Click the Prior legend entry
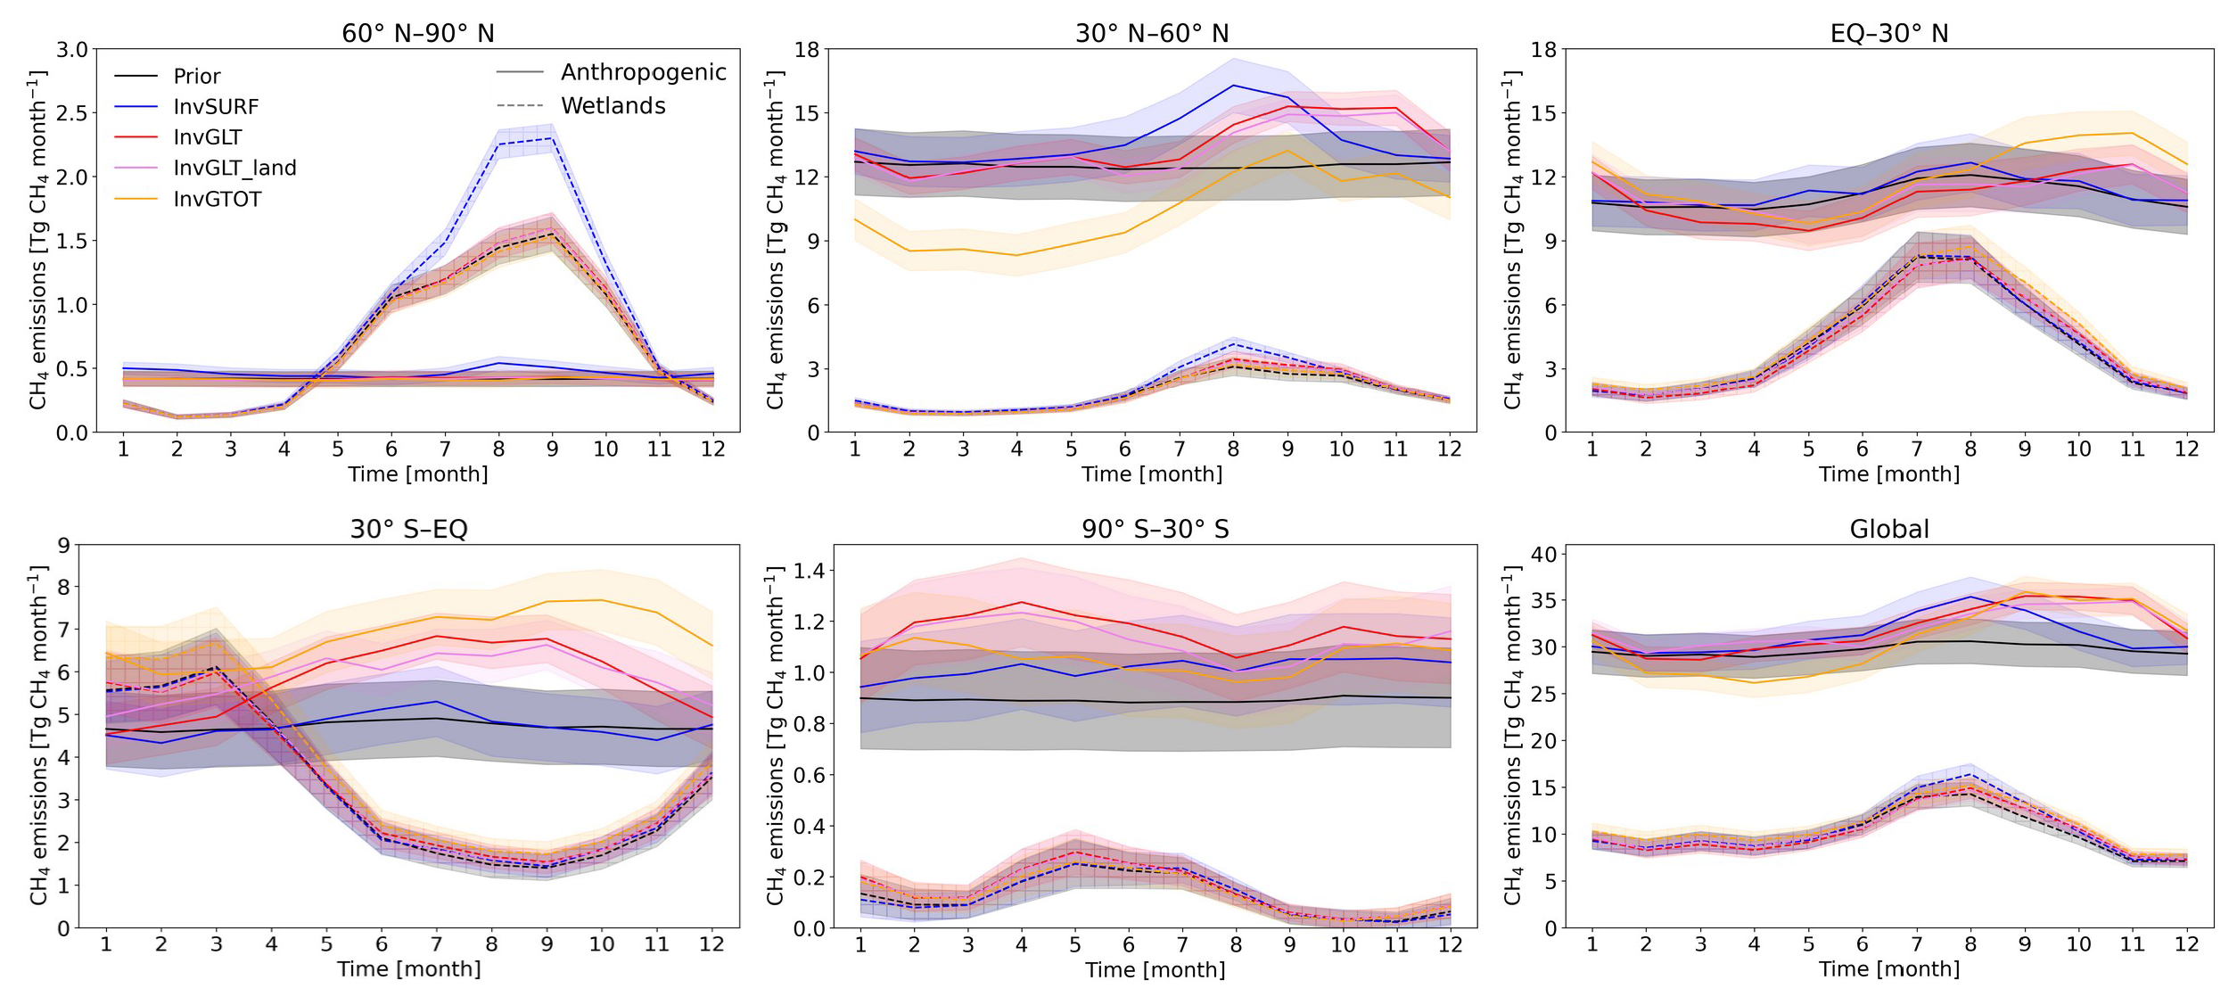[x=196, y=77]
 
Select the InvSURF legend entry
[x=216, y=107]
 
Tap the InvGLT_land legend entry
[x=234, y=169]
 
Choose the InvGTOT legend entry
[x=218, y=199]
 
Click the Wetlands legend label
[x=613, y=106]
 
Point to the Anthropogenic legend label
[x=643, y=72]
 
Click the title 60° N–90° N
[x=417, y=34]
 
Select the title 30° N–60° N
[x=1151, y=34]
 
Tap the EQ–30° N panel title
[x=1888, y=34]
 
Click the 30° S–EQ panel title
[x=408, y=529]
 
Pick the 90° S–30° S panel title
[x=1155, y=529]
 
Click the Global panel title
[x=1888, y=529]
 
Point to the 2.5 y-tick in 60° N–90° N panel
[x=72, y=113]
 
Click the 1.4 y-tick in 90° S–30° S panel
[x=810, y=570]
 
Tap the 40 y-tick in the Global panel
[x=1543, y=554]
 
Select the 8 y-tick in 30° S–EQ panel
[x=63, y=587]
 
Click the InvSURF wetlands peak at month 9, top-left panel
[x=553, y=138]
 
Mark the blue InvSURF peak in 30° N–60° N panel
[x=1233, y=86]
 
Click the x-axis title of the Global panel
[x=1888, y=969]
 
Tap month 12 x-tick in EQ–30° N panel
[x=2186, y=449]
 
